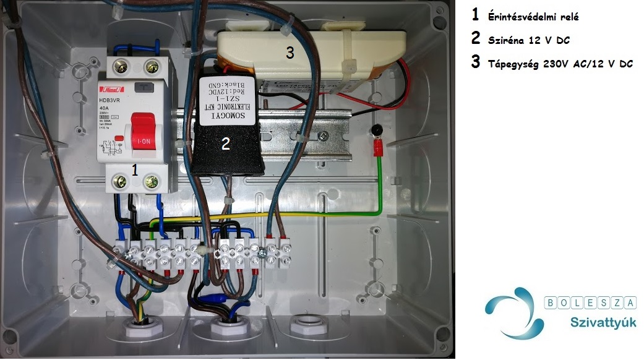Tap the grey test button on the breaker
(x=145, y=87)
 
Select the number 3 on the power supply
(x=290, y=53)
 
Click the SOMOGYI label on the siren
(x=231, y=114)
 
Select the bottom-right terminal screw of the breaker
(x=152, y=182)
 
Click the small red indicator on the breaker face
(x=119, y=137)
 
